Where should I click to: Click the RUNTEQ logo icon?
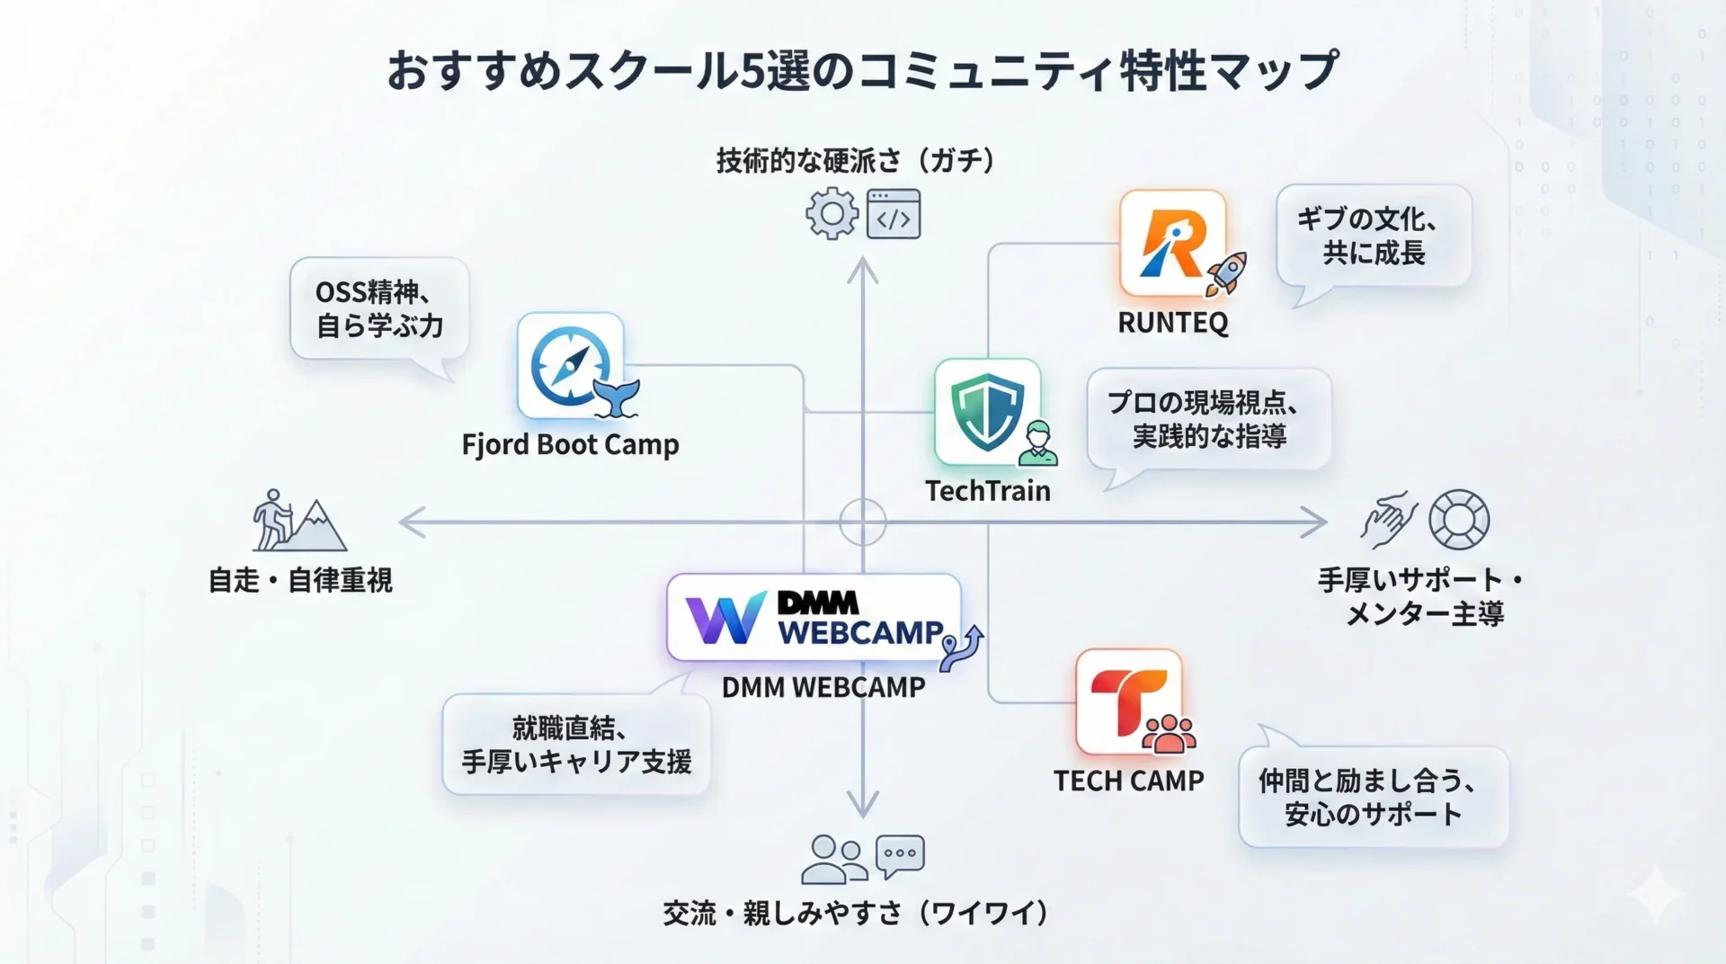point(1172,243)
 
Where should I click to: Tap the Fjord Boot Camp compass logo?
point(570,366)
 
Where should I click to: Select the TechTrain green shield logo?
point(987,412)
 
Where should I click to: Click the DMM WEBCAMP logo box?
point(814,618)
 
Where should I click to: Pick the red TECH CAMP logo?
point(1129,701)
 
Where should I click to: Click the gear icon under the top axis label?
point(832,213)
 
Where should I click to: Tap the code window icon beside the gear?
point(894,214)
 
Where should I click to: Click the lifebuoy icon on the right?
point(1458,520)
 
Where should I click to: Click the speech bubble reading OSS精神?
point(379,309)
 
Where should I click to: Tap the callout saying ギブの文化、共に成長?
point(1374,236)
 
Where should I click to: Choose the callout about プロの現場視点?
point(1209,419)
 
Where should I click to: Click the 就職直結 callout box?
point(576,745)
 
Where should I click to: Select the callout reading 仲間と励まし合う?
point(1373,797)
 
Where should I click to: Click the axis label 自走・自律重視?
point(300,581)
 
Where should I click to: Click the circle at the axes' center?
point(863,522)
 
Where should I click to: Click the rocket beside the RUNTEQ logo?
point(1226,272)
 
